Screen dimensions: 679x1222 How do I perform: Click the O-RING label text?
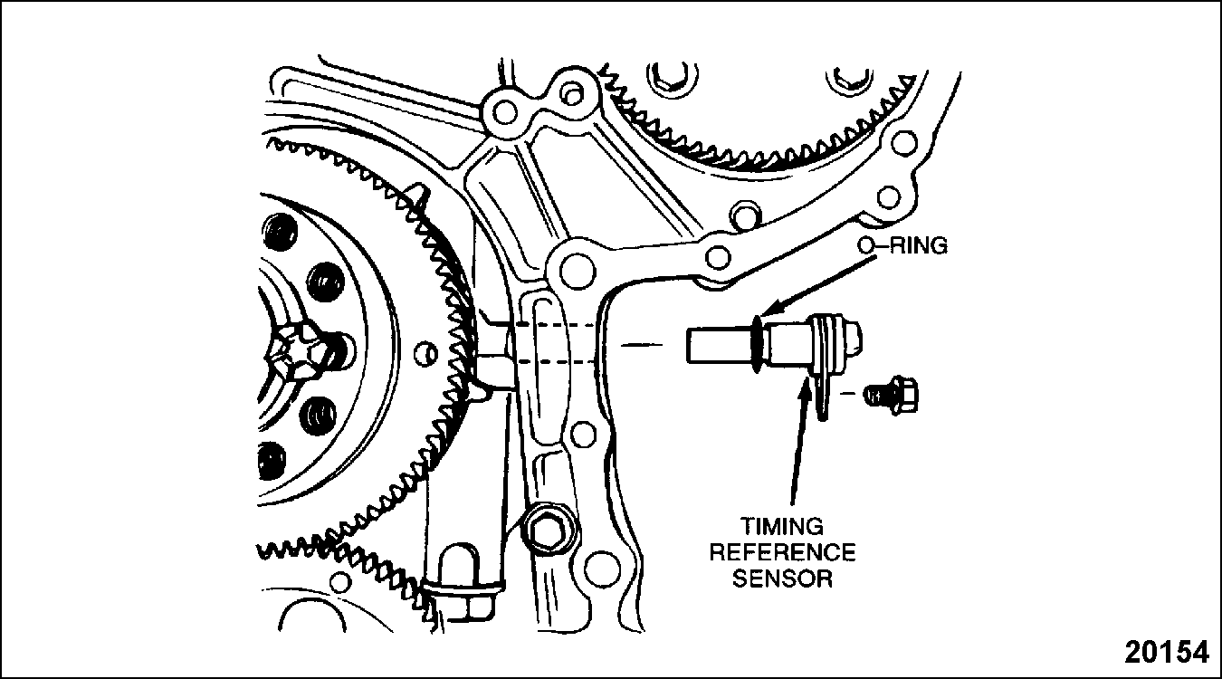tap(902, 246)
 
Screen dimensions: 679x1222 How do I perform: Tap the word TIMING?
tap(782, 526)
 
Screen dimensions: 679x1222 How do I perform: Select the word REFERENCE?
tap(782, 552)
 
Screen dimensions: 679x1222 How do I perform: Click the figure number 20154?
tap(1167, 652)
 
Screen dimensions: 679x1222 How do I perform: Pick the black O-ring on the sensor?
tap(755, 345)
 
